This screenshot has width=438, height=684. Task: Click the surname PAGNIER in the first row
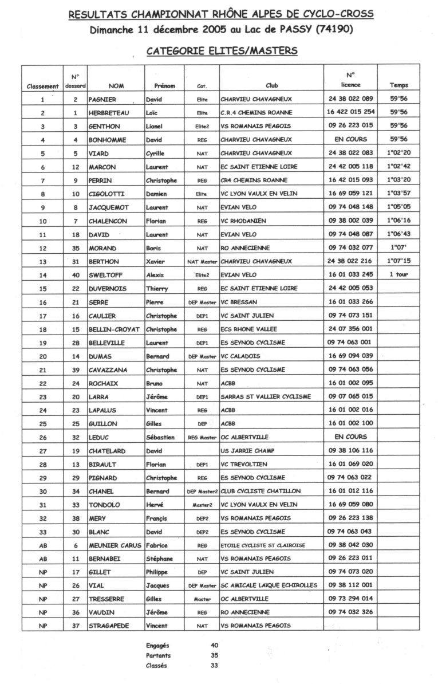click(102, 99)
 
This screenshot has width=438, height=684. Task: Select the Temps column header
click(398, 86)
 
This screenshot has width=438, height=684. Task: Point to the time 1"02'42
click(398, 167)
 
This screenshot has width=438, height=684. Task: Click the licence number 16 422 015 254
click(351, 113)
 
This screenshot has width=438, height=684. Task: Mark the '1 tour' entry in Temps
click(398, 274)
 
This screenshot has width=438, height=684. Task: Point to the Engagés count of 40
click(215, 645)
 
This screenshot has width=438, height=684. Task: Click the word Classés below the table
click(157, 666)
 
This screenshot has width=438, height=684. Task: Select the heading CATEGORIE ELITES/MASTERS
click(222, 51)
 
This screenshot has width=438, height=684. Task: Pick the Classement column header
click(42, 87)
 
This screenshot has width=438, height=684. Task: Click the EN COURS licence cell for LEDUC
click(350, 437)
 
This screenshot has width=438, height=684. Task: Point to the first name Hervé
click(155, 505)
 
